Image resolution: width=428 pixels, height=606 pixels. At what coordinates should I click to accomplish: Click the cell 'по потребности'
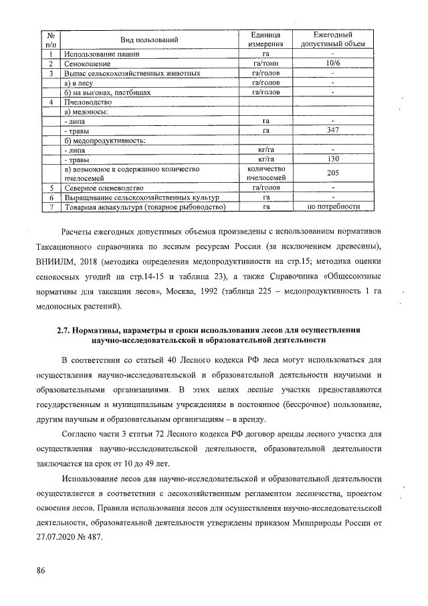(x=332, y=207)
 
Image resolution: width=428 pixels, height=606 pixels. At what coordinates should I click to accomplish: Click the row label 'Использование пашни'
(x=100, y=54)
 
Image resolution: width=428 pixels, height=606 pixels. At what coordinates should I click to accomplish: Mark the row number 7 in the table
(x=51, y=207)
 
